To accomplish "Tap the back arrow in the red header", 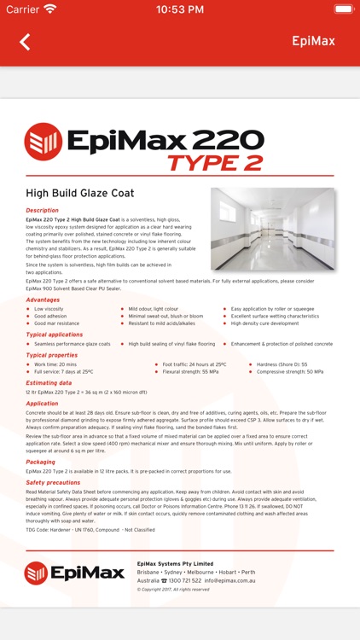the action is pyautogui.click(x=25, y=42).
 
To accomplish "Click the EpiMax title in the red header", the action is pyautogui.click(x=313, y=41).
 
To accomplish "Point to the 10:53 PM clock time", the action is pyautogui.click(x=180, y=9).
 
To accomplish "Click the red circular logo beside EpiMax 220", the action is pyautogui.click(x=43, y=142).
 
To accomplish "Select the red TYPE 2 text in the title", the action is pyautogui.click(x=215, y=162).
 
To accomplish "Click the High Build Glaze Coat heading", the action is pyautogui.click(x=79, y=194).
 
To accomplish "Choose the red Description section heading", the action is pyautogui.click(x=43, y=210).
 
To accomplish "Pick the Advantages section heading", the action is pyautogui.click(x=43, y=300).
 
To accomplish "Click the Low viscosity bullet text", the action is pyautogui.click(x=49, y=309).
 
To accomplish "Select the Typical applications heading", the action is pyautogui.click(x=54, y=335).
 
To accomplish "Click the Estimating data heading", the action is pyautogui.click(x=49, y=383).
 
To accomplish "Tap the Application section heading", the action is pyautogui.click(x=42, y=403).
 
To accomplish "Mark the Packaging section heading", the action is pyautogui.click(x=40, y=462).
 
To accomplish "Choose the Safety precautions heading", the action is pyautogui.click(x=52, y=482).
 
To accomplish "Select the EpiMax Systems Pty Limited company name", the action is pyautogui.click(x=175, y=563).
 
